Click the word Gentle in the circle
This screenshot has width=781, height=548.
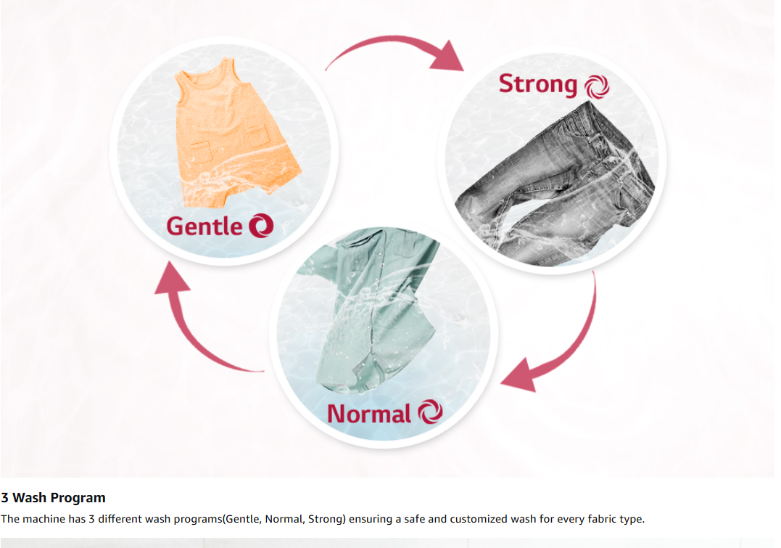pyautogui.click(x=204, y=227)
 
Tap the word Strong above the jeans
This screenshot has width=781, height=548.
pyautogui.click(x=538, y=84)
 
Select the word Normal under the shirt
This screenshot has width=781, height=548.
pyautogui.click(x=368, y=414)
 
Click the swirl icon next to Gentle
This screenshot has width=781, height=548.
pyautogui.click(x=261, y=226)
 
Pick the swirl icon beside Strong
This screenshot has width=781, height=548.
pyautogui.click(x=597, y=87)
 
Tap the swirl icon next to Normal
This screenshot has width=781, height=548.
pyautogui.click(x=430, y=412)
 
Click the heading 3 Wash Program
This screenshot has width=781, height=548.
pyautogui.click(x=53, y=498)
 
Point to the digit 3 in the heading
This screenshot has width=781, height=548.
pyautogui.click(x=4, y=498)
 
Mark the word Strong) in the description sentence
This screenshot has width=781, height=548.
pyautogui.click(x=327, y=519)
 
